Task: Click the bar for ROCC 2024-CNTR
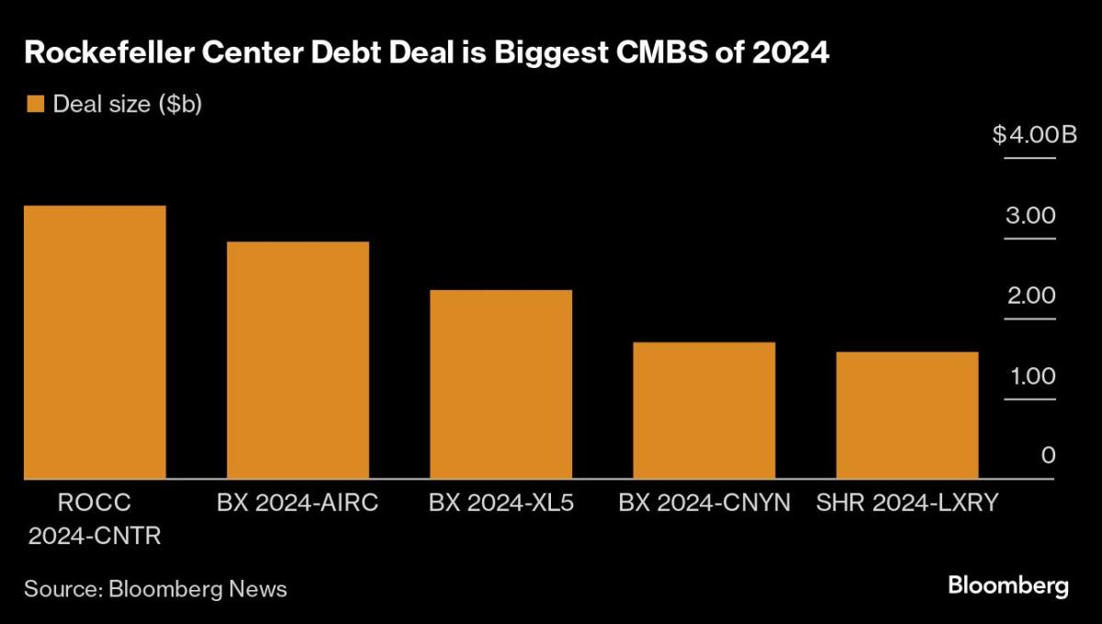[95, 341]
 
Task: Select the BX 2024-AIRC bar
[298, 360]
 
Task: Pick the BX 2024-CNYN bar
[704, 410]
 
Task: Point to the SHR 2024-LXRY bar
[907, 415]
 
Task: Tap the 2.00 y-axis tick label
[1029, 295]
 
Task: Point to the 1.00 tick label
[1029, 376]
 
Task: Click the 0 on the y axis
[1048, 456]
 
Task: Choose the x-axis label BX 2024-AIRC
[298, 503]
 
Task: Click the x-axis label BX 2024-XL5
[501, 503]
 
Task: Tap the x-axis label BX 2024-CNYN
[704, 503]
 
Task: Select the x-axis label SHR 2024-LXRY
[907, 503]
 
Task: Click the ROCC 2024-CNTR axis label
[95, 519]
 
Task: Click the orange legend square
[36, 104]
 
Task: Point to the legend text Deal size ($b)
[127, 104]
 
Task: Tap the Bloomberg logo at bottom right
[1007, 585]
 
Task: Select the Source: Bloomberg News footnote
[155, 588]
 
